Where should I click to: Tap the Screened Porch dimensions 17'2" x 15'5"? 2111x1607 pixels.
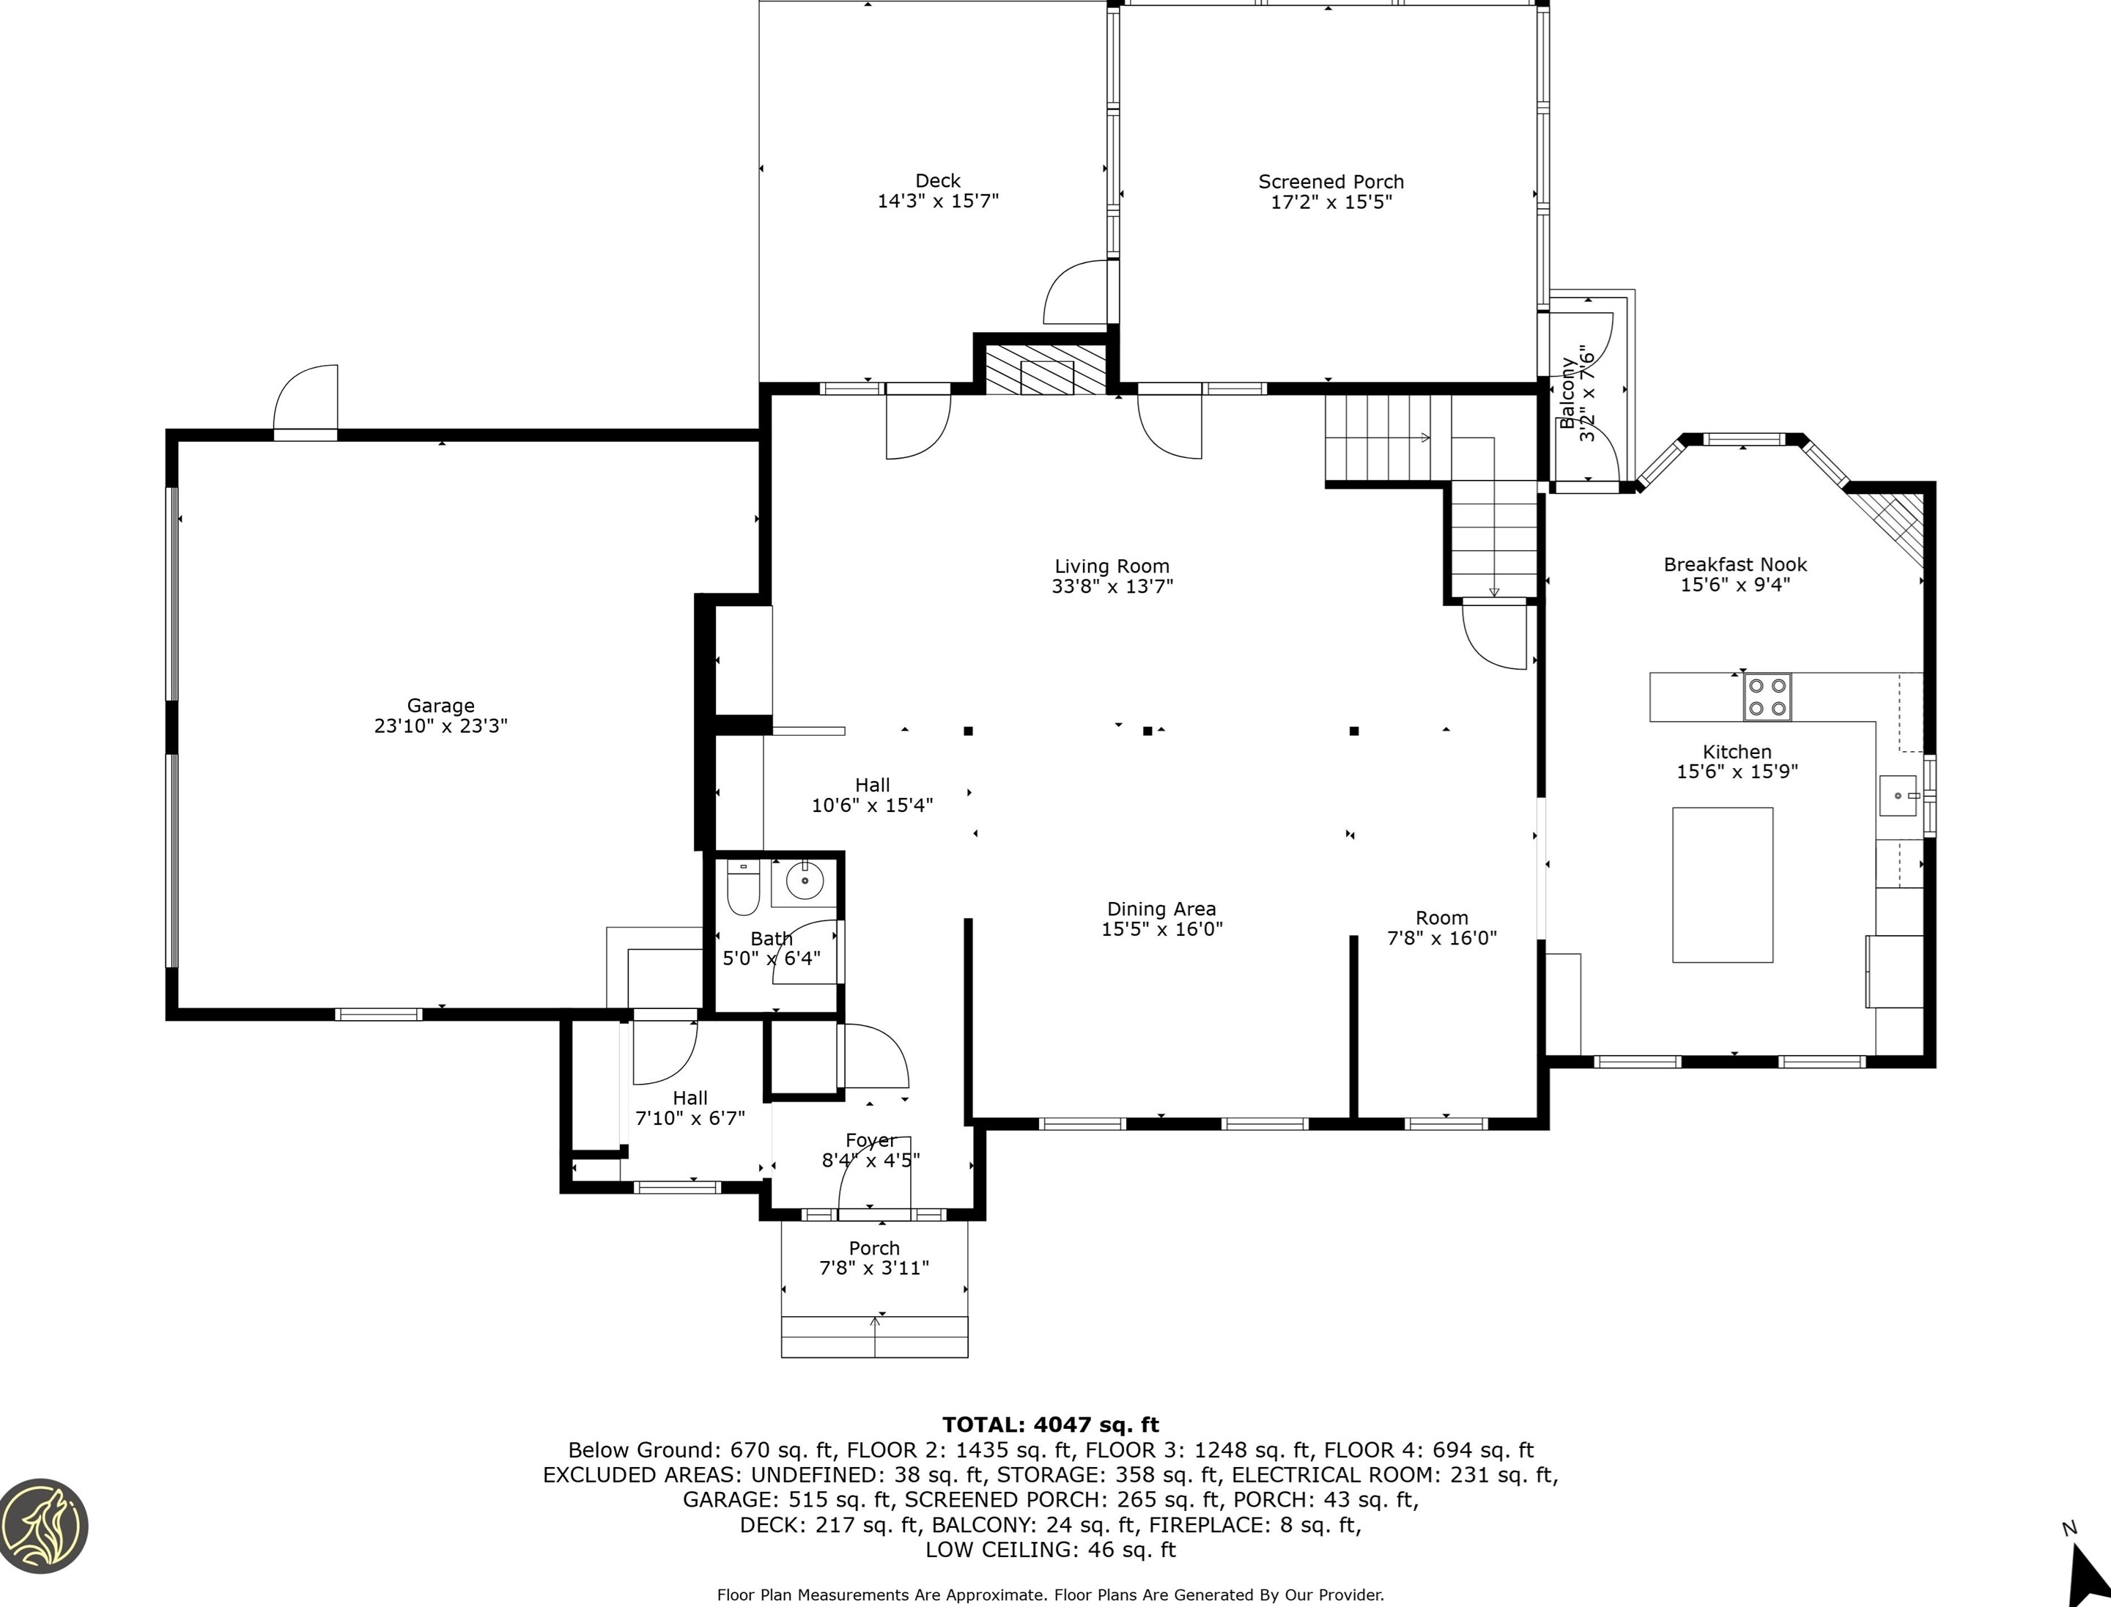pyautogui.click(x=1331, y=202)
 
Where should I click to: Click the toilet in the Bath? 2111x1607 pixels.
pyautogui.click(x=743, y=887)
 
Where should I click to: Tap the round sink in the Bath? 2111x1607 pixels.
pyautogui.click(x=805, y=881)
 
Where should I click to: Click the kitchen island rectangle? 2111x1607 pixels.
pyautogui.click(x=1723, y=884)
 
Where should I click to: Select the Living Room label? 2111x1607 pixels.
pyautogui.click(x=1112, y=566)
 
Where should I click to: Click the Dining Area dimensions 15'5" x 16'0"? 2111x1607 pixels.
pyautogui.click(x=1161, y=929)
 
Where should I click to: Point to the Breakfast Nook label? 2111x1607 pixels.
pyautogui.click(x=1735, y=564)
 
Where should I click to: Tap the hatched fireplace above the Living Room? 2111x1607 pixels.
pyautogui.click(x=1046, y=369)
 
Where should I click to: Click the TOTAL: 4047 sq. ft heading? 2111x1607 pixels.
pyautogui.click(x=1050, y=1425)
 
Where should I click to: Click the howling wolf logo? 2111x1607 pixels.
pyautogui.click(x=43, y=1526)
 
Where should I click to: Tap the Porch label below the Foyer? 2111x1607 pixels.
pyautogui.click(x=874, y=1248)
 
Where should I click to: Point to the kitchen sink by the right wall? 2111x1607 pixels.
pyautogui.click(x=1898, y=795)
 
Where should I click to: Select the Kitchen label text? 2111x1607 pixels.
pyautogui.click(x=1737, y=752)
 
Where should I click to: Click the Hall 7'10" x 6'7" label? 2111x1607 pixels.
pyautogui.click(x=690, y=1108)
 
